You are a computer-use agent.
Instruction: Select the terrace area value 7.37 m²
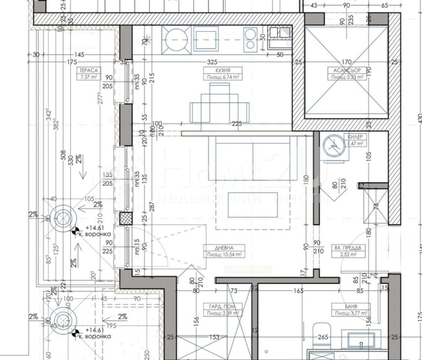click(x=88, y=77)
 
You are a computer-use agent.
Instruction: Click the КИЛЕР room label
click(x=354, y=137)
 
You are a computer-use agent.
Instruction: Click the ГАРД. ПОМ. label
click(x=222, y=306)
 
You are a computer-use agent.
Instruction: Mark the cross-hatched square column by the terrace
click(x=124, y=219)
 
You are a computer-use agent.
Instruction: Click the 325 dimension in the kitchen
click(x=218, y=62)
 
